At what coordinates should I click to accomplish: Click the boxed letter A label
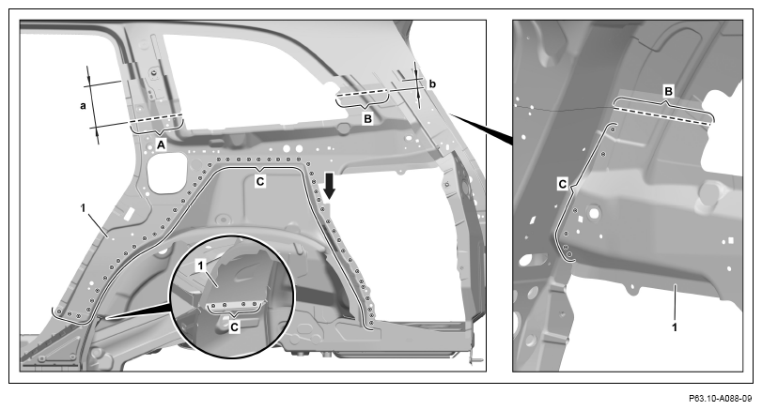(161, 144)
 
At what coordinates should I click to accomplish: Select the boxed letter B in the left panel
(368, 118)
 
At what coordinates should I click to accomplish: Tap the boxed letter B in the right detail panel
(669, 91)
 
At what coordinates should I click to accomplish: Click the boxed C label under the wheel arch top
(260, 181)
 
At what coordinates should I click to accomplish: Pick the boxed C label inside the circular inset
(234, 327)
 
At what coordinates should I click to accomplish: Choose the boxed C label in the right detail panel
(563, 185)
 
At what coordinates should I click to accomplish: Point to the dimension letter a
(83, 105)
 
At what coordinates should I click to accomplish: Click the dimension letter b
(432, 84)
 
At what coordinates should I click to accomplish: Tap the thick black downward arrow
(330, 187)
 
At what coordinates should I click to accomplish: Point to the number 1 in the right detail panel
(675, 327)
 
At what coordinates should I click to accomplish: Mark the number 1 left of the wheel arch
(83, 207)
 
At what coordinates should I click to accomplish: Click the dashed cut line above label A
(157, 119)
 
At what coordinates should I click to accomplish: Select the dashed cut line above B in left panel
(363, 92)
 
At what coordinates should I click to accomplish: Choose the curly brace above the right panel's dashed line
(665, 104)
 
